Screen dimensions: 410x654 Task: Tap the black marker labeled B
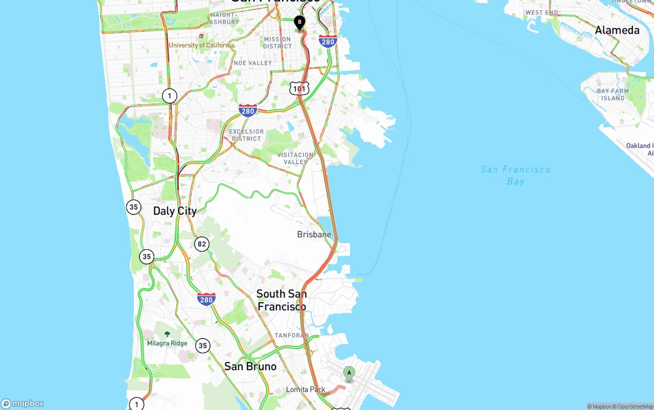[299, 22]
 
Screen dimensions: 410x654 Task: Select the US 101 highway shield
[299, 88]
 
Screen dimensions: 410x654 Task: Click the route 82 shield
[202, 244]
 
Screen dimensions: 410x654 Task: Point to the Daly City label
[175, 211]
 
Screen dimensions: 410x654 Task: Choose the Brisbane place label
[314, 234]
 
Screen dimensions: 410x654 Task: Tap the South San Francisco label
[282, 300]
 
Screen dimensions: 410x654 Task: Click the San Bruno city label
[250, 366]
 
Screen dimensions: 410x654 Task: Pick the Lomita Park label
[306, 390]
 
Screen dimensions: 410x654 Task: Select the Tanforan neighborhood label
[292, 335]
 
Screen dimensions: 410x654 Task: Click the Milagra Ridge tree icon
[167, 334]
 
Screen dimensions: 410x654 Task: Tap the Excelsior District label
[246, 135]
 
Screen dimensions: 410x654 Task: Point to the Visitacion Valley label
[295, 158]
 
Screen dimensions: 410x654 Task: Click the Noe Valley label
[253, 63]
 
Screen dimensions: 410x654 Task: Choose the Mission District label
[277, 43]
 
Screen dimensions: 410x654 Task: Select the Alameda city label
[617, 30]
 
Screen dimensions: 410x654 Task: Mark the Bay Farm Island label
[613, 94]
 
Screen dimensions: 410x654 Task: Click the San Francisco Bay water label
[516, 175]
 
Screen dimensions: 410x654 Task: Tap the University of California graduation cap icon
[202, 37]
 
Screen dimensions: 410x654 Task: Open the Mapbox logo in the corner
[22, 404]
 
